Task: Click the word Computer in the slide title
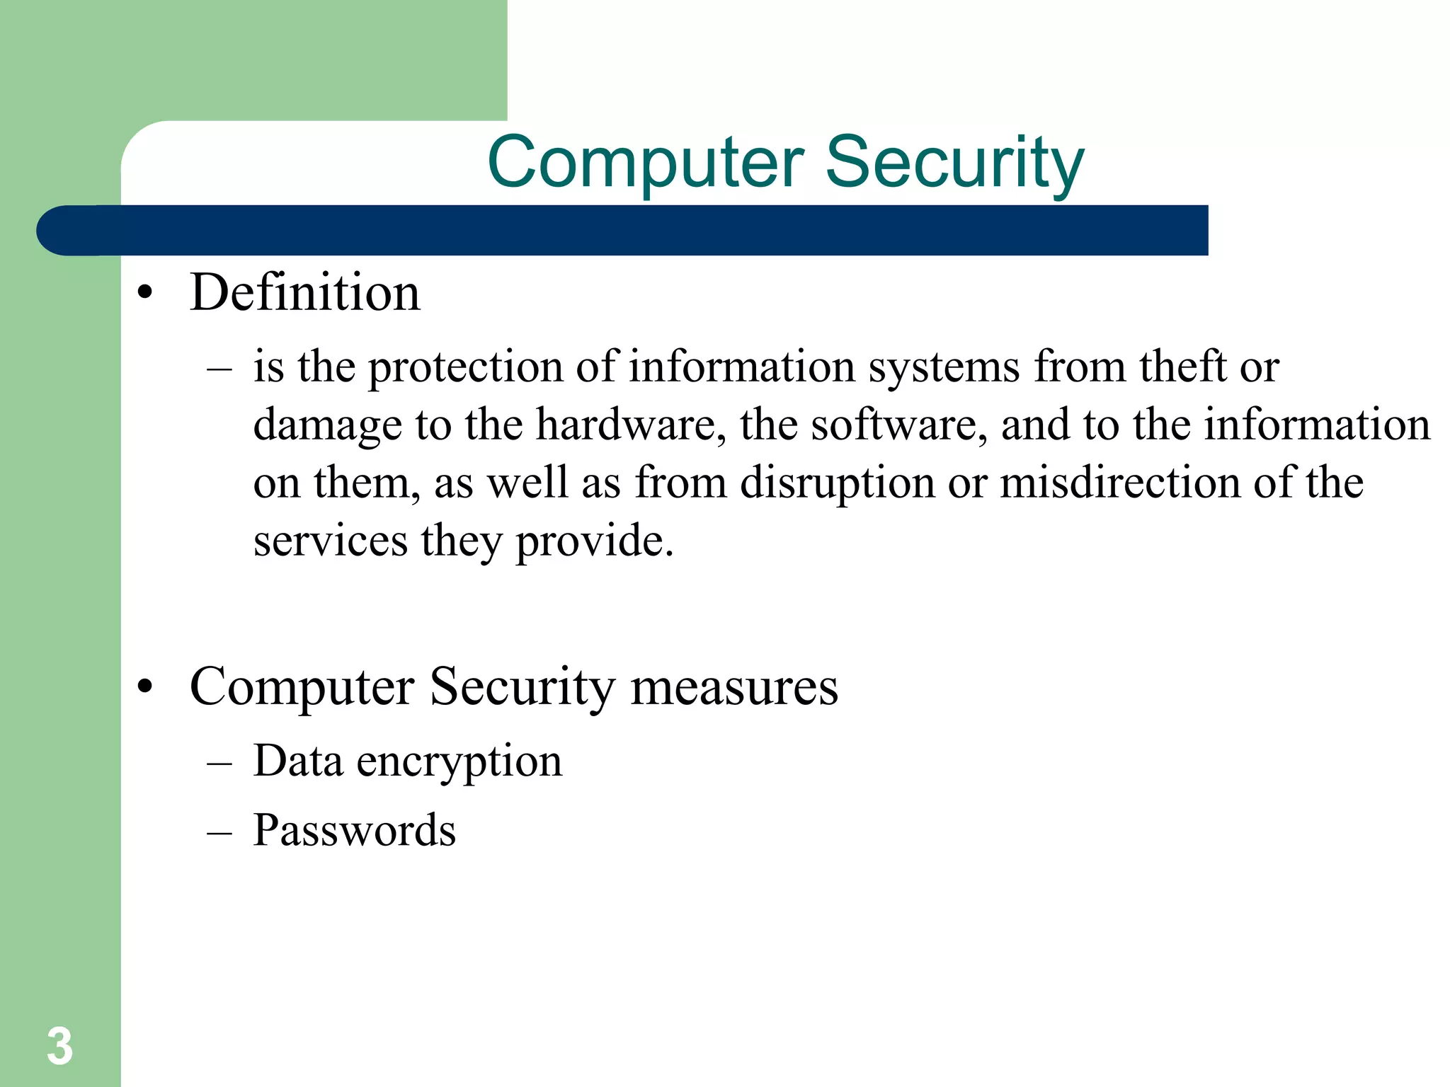(x=646, y=163)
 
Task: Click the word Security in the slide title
(x=954, y=163)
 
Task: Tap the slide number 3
(x=59, y=1046)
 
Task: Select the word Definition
(x=305, y=292)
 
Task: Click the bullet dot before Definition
(x=145, y=294)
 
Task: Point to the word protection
(x=465, y=368)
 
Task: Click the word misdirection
(x=1120, y=483)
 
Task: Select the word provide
(x=594, y=542)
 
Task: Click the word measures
(x=733, y=688)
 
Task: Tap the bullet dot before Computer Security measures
(x=145, y=687)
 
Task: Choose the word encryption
(x=459, y=763)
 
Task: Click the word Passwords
(x=355, y=830)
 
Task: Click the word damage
(x=328, y=426)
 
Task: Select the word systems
(x=944, y=368)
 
